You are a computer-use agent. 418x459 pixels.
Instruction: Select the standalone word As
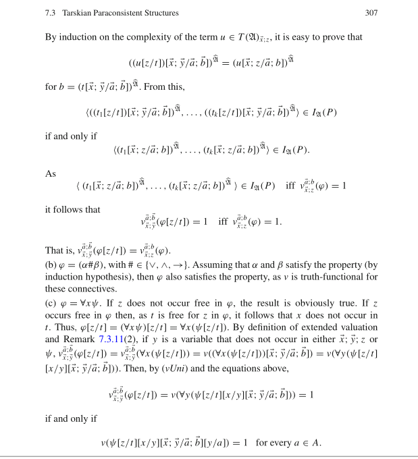[x=51, y=173]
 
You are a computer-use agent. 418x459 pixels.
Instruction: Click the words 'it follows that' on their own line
[x=73, y=209]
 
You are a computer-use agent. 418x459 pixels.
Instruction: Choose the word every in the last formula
[x=284, y=442]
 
